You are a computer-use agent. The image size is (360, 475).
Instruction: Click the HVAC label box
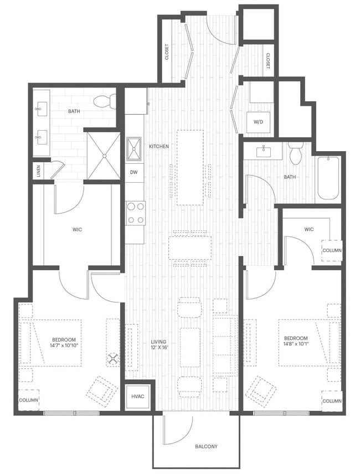(137, 396)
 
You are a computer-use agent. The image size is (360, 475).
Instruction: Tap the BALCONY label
(206, 446)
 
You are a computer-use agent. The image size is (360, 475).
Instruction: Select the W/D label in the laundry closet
(259, 121)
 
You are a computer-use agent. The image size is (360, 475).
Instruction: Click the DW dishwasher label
(133, 172)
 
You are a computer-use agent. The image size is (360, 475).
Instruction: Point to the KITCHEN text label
(159, 146)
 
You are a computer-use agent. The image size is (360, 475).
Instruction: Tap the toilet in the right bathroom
(296, 153)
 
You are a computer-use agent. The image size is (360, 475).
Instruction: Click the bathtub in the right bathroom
(327, 178)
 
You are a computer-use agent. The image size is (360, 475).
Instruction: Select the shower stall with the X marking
(104, 156)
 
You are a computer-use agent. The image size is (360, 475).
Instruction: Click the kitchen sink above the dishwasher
(133, 148)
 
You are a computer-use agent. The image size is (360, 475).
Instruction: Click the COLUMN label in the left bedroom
(29, 400)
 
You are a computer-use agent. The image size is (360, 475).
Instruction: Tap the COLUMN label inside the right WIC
(332, 250)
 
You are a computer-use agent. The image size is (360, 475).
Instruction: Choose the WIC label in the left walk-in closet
(77, 229)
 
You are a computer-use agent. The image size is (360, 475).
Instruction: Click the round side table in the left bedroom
(114, 359)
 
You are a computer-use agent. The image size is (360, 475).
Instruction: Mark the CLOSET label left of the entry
(167, 51)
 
